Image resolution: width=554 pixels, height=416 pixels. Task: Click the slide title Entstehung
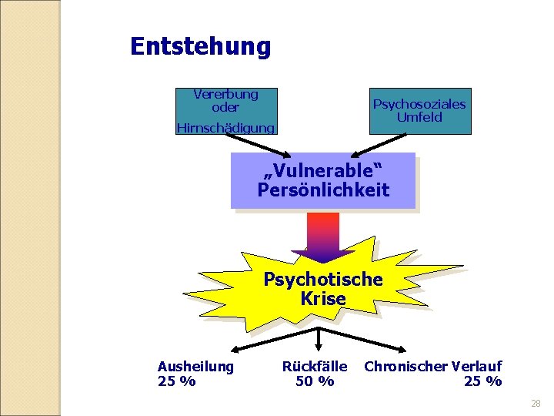tap(200, 47)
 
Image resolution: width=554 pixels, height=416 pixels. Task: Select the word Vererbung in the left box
tap(225, 94)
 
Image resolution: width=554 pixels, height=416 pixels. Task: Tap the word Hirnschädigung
tap(225, 128)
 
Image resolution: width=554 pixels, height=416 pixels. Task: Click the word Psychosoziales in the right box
tap(419, 104)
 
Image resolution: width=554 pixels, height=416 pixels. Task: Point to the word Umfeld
tap(419, 117)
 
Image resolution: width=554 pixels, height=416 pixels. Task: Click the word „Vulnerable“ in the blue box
tap(323, 169)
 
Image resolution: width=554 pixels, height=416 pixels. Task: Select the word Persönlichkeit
tap(323, 190)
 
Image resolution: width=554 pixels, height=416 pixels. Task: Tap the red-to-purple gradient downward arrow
tap(323, 235)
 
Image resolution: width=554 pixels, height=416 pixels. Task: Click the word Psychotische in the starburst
tap(323, 279)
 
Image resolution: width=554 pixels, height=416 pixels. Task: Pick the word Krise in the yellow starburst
tap(323, 298)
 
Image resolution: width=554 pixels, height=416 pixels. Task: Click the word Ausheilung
tap(195, 367)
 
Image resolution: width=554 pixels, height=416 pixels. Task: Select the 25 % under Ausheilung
tap(176, 381)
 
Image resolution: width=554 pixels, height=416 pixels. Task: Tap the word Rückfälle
tap(315, 367)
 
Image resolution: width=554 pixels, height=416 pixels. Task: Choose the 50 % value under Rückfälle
tap(315, 381)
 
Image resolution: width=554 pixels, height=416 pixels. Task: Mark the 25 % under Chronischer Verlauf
tap(482, 381)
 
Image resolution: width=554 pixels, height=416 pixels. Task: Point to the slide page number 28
tap(536, 404)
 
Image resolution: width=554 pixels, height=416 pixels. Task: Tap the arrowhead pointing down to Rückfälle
tap(319, 351)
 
